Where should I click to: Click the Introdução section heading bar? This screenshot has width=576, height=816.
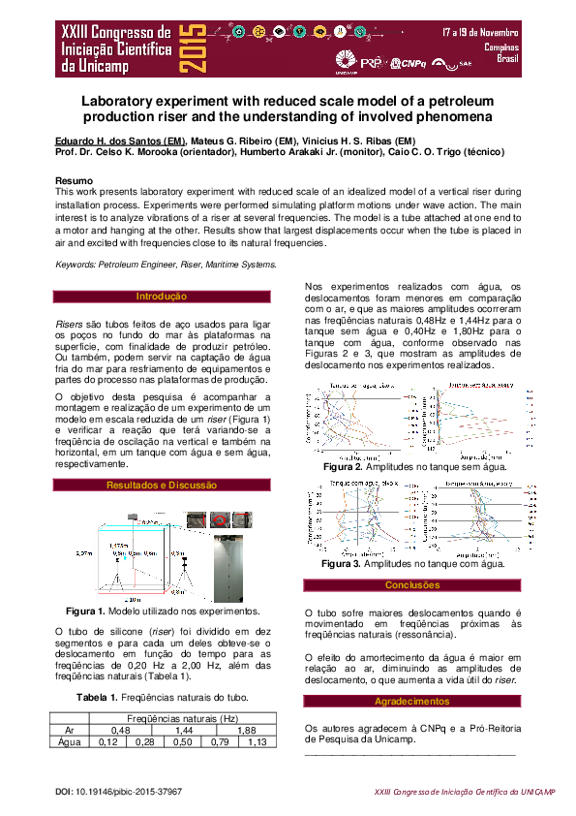161,296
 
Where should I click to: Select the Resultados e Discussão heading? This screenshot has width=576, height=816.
161,485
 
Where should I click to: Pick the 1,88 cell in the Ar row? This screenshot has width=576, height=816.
246,730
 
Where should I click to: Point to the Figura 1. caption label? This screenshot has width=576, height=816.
84,612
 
